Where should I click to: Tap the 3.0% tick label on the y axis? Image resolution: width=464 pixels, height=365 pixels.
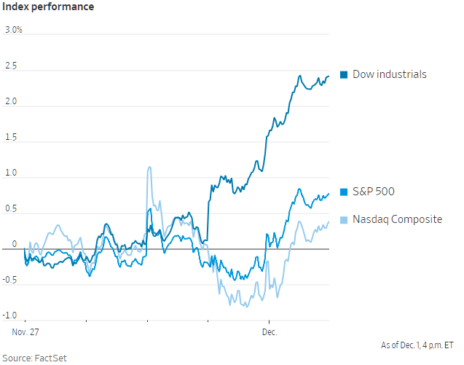click(14, 30)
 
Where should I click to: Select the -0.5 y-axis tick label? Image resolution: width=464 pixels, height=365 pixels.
click(12, 280)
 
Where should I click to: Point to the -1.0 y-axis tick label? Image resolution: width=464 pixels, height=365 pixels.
click(12, 315)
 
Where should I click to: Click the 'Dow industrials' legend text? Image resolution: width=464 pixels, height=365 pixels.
click(390, 74)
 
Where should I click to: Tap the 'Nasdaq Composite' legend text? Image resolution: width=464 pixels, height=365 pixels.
click(397, 219)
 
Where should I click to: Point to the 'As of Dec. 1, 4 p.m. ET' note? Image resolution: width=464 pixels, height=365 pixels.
click(417, 345)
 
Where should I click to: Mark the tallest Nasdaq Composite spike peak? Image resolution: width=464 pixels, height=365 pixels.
click(149, 167)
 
